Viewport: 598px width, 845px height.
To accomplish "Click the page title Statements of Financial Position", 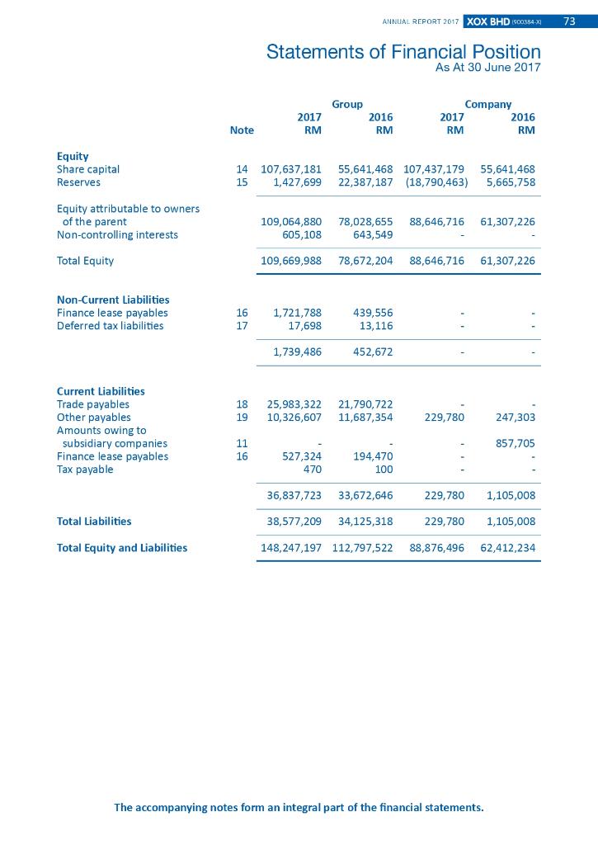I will (x=403, y=52).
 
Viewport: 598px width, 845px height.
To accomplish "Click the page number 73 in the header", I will (x=569, y=21).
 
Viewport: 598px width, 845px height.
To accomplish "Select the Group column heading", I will (x=347, y=104).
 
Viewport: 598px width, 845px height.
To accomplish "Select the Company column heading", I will (x=488, y=104).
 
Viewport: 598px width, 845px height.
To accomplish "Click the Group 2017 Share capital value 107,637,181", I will (x=290, y=169).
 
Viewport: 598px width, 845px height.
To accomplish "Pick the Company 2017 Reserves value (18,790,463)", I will (x=436, y=182).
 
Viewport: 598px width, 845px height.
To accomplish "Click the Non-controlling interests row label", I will (x=117, y=234).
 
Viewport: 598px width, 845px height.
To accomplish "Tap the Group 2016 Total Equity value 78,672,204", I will (x=365, y=261).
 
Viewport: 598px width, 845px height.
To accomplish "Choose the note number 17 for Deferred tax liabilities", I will (x=242, y=326).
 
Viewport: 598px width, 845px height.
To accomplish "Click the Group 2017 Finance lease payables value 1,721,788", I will (x=297, y=313).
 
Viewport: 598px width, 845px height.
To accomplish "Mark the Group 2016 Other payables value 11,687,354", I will (x=365, y=418).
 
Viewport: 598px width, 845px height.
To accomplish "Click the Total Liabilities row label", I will (x=94, y=522).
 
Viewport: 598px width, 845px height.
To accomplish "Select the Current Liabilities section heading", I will (x=101, y=390).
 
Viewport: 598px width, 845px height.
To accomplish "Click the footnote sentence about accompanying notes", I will (x=299, y=807).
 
